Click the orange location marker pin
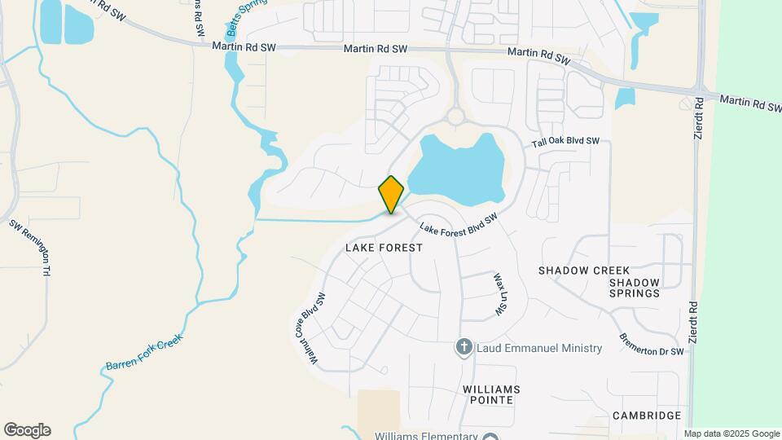tap(391, 195)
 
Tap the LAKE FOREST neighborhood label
tap(384, 247)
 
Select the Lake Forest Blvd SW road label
tap(458, 226)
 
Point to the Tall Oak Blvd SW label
tap(565, 142)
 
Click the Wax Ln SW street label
tap(499, 296)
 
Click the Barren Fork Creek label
tap(145, 353)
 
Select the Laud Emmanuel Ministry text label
tap(538, 348)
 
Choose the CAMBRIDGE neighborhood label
tap(647, 416)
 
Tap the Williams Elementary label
tap(427, 435)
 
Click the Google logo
tap(27, 430)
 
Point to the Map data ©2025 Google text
tap(731, 433)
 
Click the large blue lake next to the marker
tap(456, 171)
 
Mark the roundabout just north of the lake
tap(455, 117)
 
